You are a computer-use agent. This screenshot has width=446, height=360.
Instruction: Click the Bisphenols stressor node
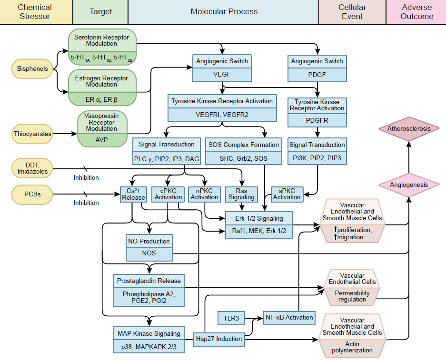[32, 69]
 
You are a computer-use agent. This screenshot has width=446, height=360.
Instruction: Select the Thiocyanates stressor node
[32, 134]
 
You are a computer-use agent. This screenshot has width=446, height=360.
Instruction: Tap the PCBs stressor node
[32, 195]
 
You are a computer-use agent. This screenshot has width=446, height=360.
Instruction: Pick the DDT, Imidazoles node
[32, 168]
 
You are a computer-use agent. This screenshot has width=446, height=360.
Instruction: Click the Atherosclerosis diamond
[409, 129]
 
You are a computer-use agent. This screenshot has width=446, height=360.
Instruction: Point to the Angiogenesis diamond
[409, 185]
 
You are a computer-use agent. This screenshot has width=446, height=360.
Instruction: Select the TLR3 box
[231, 318]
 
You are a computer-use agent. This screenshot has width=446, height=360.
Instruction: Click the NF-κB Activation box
[289, 317]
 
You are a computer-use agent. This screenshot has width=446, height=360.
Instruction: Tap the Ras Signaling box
[241, 194]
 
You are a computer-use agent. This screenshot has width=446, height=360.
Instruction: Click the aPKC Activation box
[287, 194]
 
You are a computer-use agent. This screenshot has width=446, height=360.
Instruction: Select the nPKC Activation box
[204, 194]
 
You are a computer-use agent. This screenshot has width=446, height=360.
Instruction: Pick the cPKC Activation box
[168, 194]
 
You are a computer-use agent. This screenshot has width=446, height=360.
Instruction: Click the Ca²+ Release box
[133, 194]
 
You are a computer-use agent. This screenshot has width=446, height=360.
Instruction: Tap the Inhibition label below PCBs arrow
[86, 203]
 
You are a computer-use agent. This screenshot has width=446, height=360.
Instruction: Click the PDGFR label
[317, 120]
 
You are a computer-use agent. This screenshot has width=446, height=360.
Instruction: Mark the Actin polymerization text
[353, 347]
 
